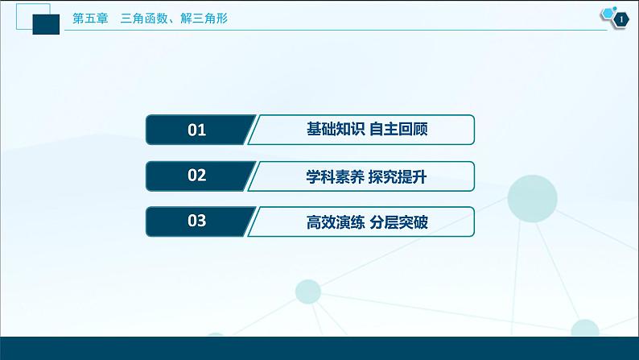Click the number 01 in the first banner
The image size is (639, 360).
pyautogui.click(x=197, y=130)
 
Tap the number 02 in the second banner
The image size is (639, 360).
pyautogui.click(x=197, y=176)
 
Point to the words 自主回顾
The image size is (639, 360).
pyautogui.click(x=398, y=130)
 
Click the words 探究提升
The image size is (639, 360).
pyautogui.click(x=398, y=176)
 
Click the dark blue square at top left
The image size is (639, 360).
pyautogui.click(x=50, y=24)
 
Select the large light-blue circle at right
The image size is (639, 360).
pyautogui.click(x=532, y=195)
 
